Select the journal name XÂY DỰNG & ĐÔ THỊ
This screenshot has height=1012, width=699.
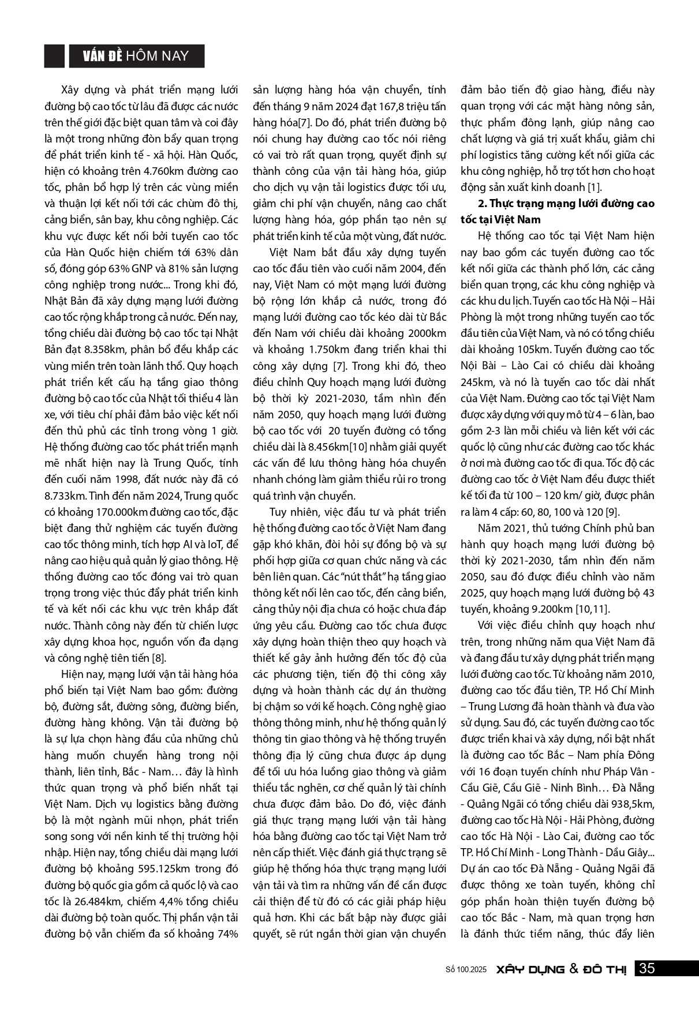click(x=561, y=969)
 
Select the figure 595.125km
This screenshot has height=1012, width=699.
click(x=169, y=869)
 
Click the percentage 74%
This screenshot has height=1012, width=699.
click(x=226, y=934)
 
